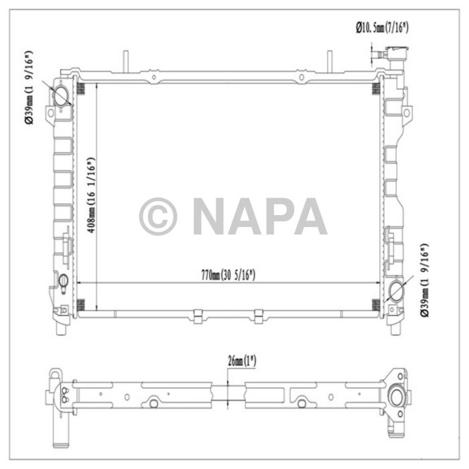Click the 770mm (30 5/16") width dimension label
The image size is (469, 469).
pos(228,275)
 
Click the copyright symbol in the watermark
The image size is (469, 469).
pos(158,216)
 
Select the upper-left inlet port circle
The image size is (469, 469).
pos(61,96)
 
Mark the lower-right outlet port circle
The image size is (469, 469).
pos(395,291)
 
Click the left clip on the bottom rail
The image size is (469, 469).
pos(197,315)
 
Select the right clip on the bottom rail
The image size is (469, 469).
pos(259,315)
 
